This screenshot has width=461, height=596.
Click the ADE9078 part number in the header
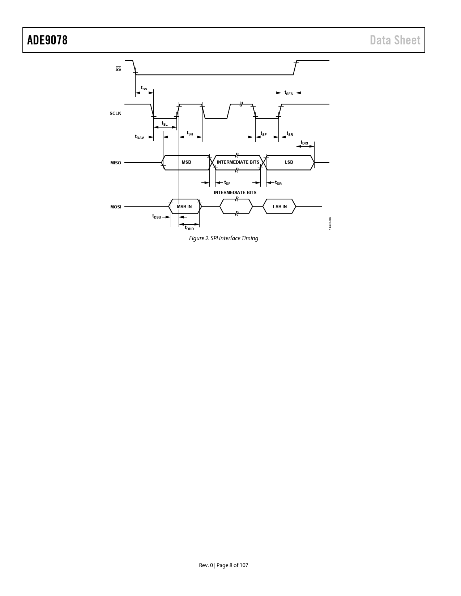point(47,40)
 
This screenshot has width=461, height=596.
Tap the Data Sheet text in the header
point(395,40)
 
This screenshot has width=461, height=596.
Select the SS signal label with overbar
point(118,69)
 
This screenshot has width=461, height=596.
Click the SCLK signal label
point(115,113)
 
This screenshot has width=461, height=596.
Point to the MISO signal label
point(116,163)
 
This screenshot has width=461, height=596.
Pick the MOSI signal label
point(116,207)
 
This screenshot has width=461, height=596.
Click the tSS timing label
point(144,88)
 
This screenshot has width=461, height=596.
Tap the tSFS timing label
point(289,93)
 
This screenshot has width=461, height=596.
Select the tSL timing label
point(165,124)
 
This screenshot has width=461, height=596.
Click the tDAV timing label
point(139,137)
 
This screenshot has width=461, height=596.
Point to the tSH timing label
point(190,133)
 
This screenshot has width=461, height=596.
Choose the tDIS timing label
point(304,143)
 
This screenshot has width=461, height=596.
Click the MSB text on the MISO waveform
point(187,162)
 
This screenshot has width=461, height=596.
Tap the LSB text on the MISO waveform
point(289,162)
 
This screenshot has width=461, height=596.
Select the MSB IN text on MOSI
point(184,207)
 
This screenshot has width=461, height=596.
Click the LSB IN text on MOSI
point(280,207)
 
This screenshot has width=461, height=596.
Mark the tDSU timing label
point(157,216)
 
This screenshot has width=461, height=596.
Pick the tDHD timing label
point(189,228)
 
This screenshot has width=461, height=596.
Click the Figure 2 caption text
point(223,238)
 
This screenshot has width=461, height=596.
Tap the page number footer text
point(223,565)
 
